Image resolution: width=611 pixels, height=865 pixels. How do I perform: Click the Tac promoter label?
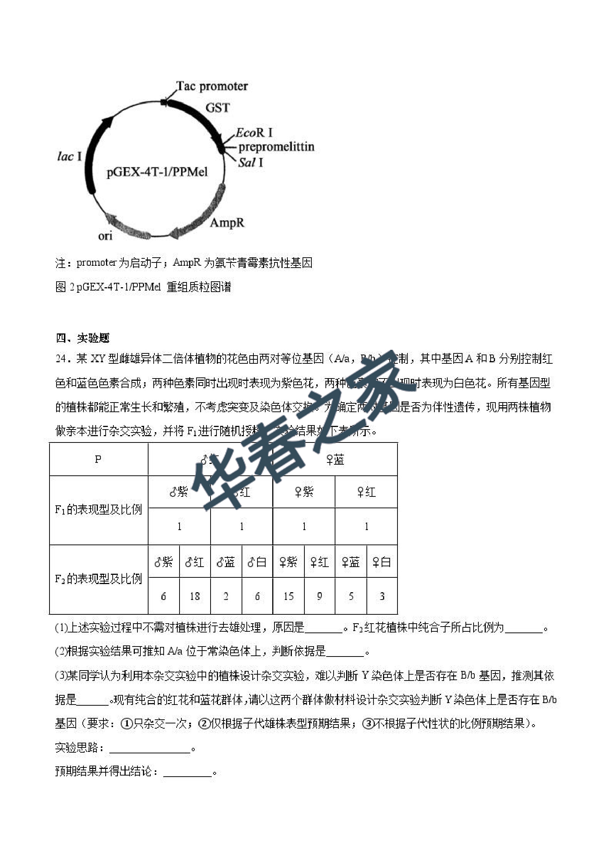point(212,86)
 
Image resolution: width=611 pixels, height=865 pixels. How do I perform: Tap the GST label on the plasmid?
point(217,108)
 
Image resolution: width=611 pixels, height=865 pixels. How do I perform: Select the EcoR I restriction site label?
point(254,133)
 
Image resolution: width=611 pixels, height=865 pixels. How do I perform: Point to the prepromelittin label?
point(276,146)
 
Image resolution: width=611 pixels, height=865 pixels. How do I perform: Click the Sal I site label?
point(250,162)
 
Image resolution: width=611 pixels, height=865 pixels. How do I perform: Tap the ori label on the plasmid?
point(105,236)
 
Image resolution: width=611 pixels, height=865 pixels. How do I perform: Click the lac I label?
point(69,156)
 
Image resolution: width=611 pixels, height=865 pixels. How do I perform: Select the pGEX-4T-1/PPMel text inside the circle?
point(157,172)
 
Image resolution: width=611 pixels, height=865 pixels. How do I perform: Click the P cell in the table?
point(98,459)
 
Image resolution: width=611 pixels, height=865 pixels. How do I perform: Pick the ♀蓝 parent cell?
point(335,459)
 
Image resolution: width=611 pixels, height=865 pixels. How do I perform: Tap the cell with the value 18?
point(195,596)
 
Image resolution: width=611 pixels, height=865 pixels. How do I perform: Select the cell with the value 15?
point(289,596)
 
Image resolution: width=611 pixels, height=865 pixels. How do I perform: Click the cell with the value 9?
point(319,596)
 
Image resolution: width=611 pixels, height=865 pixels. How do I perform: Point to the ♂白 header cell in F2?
point(257,563)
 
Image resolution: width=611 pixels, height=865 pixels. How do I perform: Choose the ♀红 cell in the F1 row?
point(366,492)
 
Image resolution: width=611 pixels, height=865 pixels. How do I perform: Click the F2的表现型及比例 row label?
point(98,579)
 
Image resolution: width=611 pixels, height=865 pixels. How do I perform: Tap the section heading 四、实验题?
point(82,338)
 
